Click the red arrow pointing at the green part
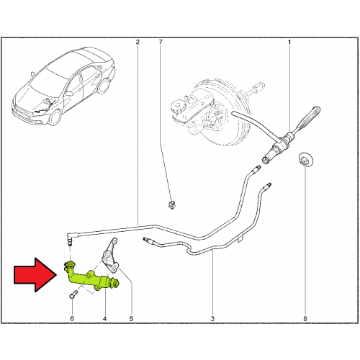point(35,275)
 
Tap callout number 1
point(289,42)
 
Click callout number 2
point(138,42)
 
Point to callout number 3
point(212,319)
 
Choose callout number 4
point(104,319)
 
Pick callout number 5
point(131,319)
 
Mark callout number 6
point(72,319)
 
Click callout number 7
point(161,42)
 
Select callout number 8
point(305,319)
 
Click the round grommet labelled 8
point(305,159)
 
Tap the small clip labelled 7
point(171,204)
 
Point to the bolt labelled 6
point(73,294)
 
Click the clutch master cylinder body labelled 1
point(279,148)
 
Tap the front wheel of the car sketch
point(55,117)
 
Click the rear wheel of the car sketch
point(104,86)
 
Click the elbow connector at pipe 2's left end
point(71,238)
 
